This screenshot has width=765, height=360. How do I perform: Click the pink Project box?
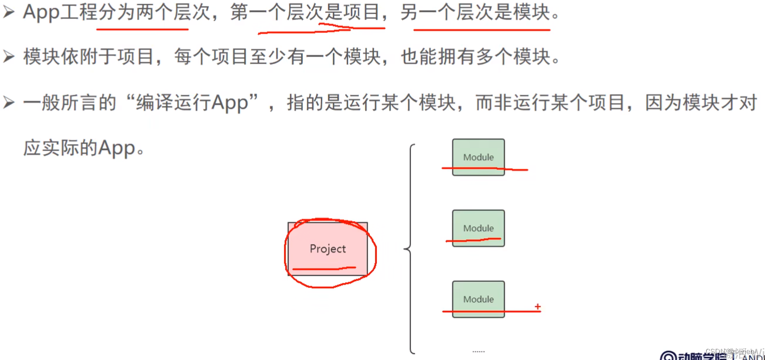[x=328, y=249]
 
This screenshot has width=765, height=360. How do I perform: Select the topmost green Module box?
[x=478, y=157]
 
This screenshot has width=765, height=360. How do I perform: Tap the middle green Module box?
[x=478, y=228]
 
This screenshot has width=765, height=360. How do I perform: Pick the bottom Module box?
[x=478, y=299]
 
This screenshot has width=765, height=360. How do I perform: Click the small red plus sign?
[x=537, y=307]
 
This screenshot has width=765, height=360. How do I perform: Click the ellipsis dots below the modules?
[x=478, y=351]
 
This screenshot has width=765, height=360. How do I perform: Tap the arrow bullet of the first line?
[x=8, y=13]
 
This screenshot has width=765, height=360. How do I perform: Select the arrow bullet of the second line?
[x=8, y=57]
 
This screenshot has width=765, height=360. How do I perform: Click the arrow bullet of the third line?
[x=8, y=103]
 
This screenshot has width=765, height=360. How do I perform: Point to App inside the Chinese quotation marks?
[x=230, y=104]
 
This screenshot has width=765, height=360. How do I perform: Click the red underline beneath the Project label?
[x=324, y=269]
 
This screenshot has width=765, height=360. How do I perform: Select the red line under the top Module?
[x=485, y=169]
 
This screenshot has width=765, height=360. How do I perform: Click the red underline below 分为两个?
[x=143, y=28]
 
